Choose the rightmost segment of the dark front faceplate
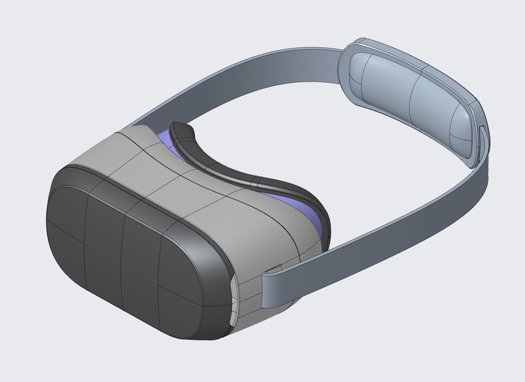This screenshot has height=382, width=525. pos(179,286)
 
